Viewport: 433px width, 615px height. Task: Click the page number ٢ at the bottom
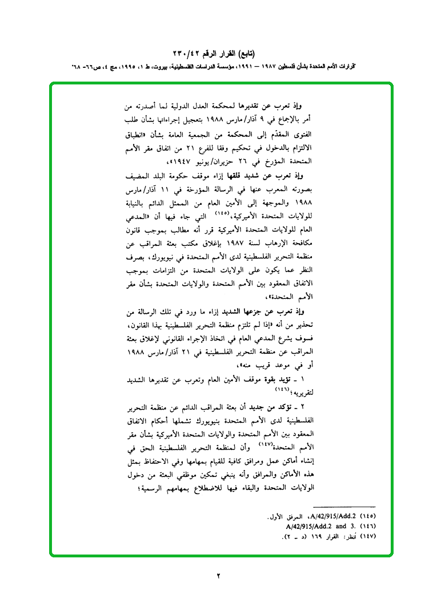click(218, 575)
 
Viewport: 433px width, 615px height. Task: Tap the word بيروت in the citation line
click(162, 66)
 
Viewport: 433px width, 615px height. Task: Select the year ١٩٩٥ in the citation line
click(122, 66)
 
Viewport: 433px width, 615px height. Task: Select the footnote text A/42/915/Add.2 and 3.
click(312, 526)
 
